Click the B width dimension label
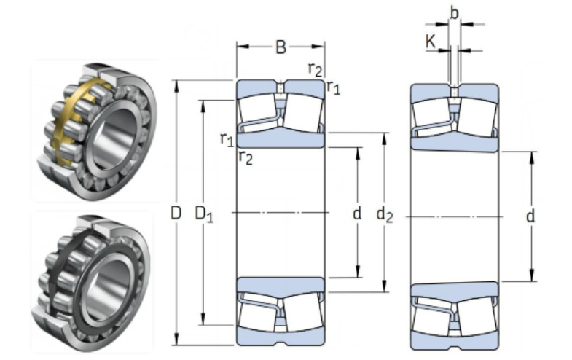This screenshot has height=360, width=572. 281,48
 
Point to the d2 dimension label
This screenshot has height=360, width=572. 384,214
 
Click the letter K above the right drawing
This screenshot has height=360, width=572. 431,42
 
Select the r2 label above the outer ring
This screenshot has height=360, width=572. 315,69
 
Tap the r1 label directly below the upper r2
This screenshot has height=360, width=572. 333,87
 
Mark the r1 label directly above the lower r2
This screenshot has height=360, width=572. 227,138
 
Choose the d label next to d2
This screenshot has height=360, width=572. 357,214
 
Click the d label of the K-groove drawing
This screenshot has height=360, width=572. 530,216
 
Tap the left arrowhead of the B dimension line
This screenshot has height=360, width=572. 240,47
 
